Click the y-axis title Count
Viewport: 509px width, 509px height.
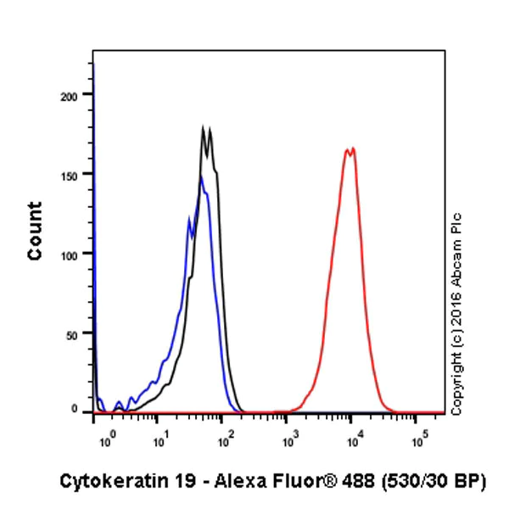35,231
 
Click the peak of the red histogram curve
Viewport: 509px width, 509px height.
350,148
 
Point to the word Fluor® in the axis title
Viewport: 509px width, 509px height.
285,481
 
